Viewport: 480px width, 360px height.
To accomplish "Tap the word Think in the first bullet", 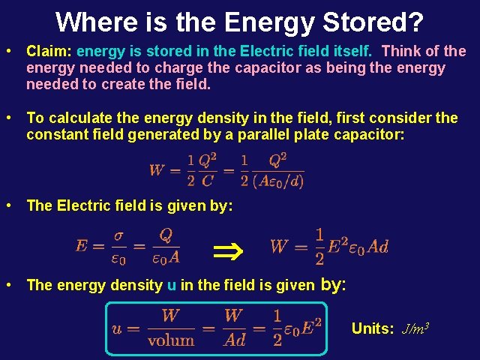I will pyautogui.click(x=404, y=52).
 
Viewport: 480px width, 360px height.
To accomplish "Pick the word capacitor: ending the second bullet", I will pyautogui.click(x=363, y=135).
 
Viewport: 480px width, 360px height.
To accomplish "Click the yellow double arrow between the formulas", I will pyautogui.click(x=226, y=245).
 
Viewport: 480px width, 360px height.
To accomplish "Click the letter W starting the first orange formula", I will pyautogui.click(x=157, y=169).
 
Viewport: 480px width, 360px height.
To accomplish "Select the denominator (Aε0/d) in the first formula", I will pyautogui.click(x=277, y=181).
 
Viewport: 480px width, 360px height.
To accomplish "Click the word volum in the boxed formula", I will pyautogui.click(x=170, y=340).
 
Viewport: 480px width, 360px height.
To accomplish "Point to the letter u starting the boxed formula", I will pyautogui.click(x=117, y=328).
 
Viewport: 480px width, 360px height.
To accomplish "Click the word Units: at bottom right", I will pyautogui.click(x=373, y=328).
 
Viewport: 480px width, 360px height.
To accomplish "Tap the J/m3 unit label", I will pyautogui.click(x=415, y=328).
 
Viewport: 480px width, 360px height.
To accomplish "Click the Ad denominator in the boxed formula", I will pyautogui.click(x=235, y=340).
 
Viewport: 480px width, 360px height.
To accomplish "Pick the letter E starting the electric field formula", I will pyautogui.click(x=82, y=245).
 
